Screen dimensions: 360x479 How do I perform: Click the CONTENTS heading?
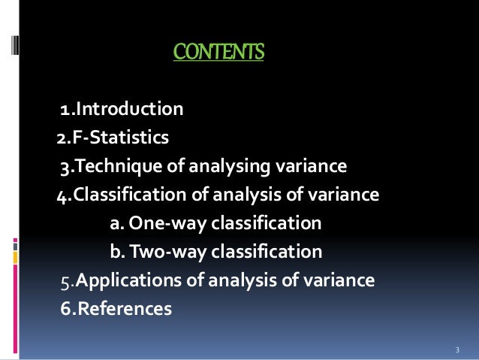[218, 53]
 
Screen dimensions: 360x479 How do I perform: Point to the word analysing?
[221, 166]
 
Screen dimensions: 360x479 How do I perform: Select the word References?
[124, 308]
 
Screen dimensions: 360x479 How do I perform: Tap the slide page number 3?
[457, 351]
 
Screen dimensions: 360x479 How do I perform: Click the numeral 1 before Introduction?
[65, 111]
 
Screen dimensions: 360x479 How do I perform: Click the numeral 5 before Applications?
[65, 282]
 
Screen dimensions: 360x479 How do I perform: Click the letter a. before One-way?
[117, 225]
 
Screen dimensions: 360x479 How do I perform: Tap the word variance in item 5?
[343, 281]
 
